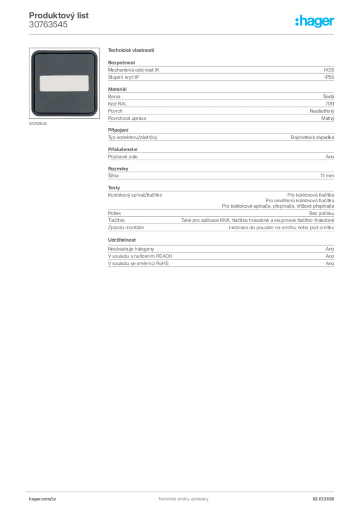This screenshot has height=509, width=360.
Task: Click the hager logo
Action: coord(315,21)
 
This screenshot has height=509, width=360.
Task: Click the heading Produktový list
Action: coord(59,15)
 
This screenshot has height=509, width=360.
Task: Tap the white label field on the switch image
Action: coord(64,84)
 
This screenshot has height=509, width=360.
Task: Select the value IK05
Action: coord(329,70)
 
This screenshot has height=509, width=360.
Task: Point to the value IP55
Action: coord(329,77)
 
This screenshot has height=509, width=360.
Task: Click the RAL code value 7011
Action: coord(330,104)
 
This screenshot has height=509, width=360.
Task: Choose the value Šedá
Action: coord(329,96)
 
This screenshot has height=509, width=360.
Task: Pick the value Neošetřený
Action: coord(322,111)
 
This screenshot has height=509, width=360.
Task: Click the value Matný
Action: coord(328,118)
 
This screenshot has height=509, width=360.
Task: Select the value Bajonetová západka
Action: coord(313,137)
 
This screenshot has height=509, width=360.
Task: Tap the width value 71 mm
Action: coord(327,175)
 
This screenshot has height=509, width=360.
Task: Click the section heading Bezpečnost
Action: coord(121,63)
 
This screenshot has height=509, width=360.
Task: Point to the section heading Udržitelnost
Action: coord(122,240)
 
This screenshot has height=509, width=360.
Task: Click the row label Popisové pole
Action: coord(123,157)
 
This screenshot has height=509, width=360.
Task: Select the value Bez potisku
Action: coord(322,213)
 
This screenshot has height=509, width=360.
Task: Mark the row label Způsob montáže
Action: coord(126,228)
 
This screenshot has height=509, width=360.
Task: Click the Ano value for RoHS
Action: coord(330,263)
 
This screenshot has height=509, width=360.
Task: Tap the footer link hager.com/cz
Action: coord(43,499)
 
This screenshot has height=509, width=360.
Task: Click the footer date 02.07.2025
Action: coord(323,499)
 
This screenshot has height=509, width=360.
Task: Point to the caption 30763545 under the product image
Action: coord(38,124)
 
